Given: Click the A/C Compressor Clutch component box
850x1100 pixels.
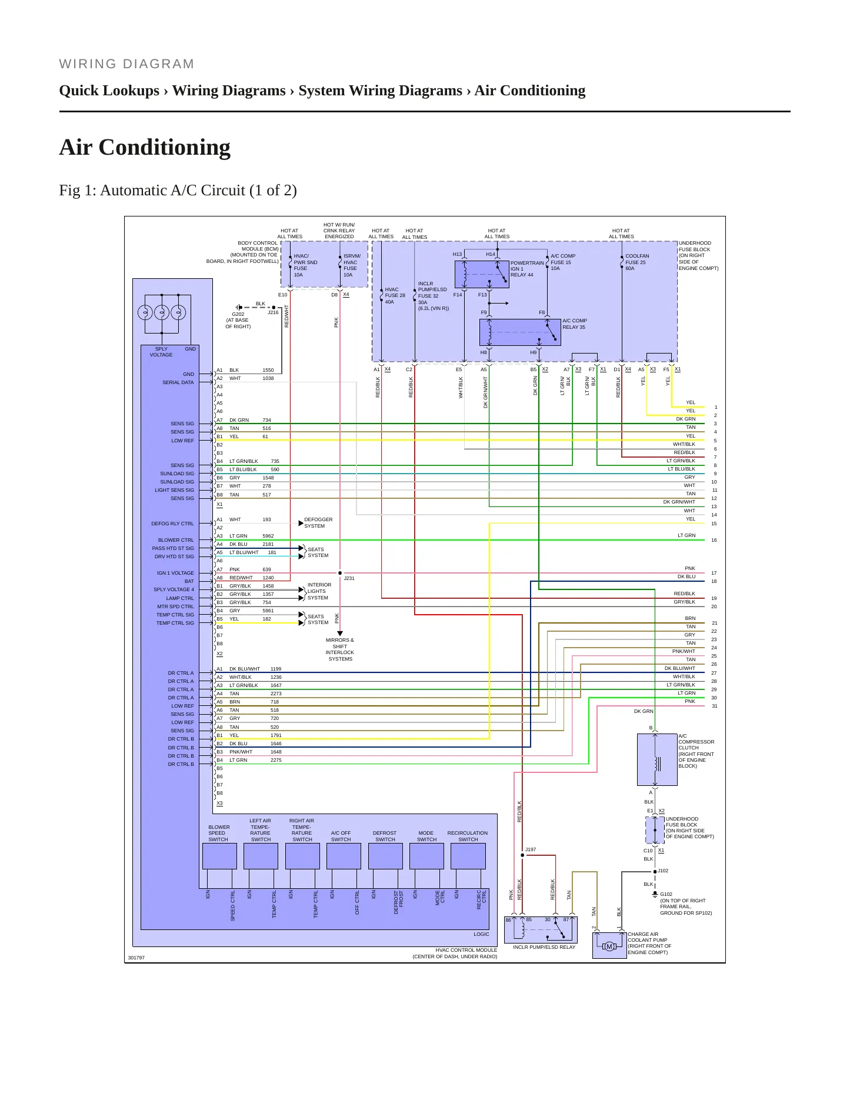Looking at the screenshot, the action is coord(657,759).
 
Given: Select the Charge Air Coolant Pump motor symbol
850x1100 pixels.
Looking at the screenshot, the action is coord(609,946).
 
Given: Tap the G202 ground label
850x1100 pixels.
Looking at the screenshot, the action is coord(238,314).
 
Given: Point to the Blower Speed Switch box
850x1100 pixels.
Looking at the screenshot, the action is coord(219,856).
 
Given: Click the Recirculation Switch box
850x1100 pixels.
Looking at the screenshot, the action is coord(468,856).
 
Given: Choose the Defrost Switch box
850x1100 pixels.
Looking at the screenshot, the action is coord(385,856).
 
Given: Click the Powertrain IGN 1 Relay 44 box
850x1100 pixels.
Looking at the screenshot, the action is coord(482,274).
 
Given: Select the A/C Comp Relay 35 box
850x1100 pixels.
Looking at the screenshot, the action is coord(520,332).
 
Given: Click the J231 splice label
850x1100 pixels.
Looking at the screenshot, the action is coord(349,578).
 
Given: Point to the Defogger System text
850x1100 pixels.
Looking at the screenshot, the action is coord(318,523).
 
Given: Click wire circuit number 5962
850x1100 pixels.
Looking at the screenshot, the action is coord(268,536).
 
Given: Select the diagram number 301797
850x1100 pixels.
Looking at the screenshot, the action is coord(136,958).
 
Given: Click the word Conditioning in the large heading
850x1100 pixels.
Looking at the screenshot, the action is coord(165,147).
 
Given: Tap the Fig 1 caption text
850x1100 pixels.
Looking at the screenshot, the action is coord(178,191).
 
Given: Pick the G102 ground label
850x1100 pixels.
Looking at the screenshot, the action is coord(666,894).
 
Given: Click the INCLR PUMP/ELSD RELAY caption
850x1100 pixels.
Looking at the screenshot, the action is coord(544,947).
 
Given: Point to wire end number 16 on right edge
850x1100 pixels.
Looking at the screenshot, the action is coord(714,540).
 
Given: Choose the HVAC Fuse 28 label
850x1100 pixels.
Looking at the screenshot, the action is coord(395,295).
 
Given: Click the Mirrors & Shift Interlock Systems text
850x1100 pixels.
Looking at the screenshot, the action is coord(340,649).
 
